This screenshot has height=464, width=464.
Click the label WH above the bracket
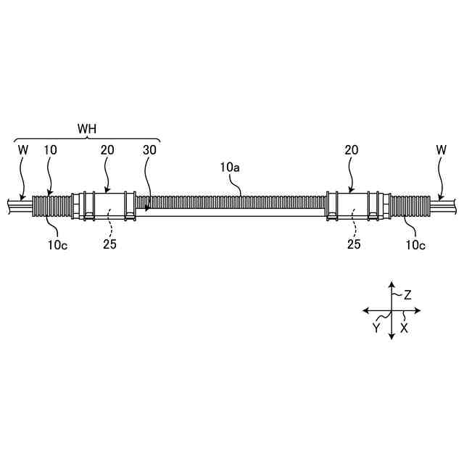[x=87, y=128]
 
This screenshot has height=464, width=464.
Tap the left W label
[x=22, y=150]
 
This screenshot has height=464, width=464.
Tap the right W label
[x=442, y=150]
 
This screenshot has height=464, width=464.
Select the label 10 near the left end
[x=51, y=150]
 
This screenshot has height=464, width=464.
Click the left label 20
[x=107, y=150]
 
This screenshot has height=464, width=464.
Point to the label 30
[x=150, y=150]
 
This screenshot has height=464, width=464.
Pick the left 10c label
[x=59, y=244]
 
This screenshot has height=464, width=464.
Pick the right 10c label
[x=415, y=244]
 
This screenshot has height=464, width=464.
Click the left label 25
[x=109, y=244]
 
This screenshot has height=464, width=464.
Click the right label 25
[x=354, y=244]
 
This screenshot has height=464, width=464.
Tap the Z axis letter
[x=407, y=295]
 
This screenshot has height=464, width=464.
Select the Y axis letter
[x=376, y=327]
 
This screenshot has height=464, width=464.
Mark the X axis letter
[x=405, y=328]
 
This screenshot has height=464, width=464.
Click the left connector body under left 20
[x=109, y=205]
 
